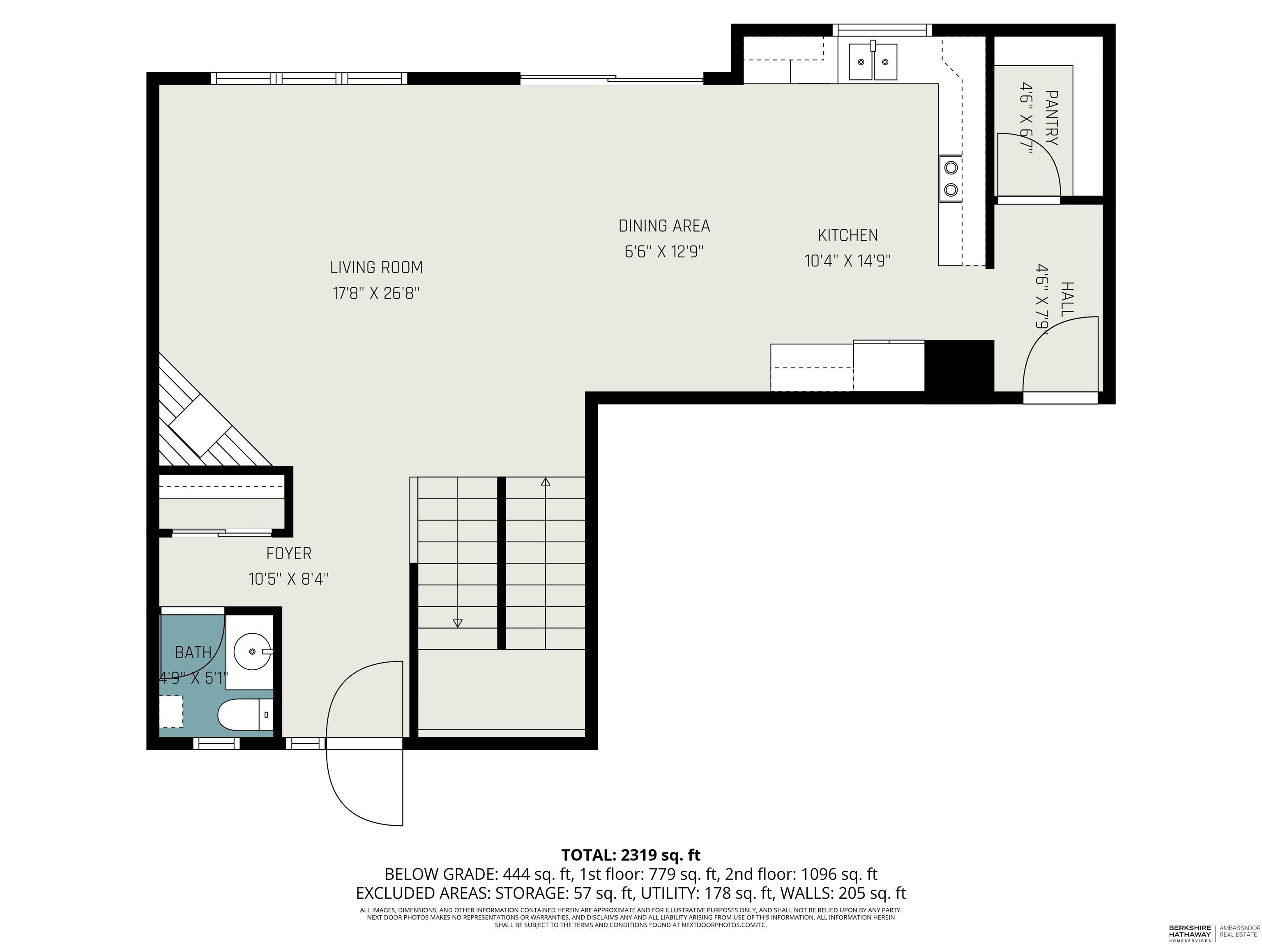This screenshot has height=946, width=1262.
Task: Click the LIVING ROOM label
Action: (377, 267)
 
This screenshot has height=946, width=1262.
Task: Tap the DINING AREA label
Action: (664, 226)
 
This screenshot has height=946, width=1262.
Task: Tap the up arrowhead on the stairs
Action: (546, 482)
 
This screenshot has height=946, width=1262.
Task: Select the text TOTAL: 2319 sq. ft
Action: (631, 855)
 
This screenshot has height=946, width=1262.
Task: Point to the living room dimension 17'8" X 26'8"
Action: (377, 293)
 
